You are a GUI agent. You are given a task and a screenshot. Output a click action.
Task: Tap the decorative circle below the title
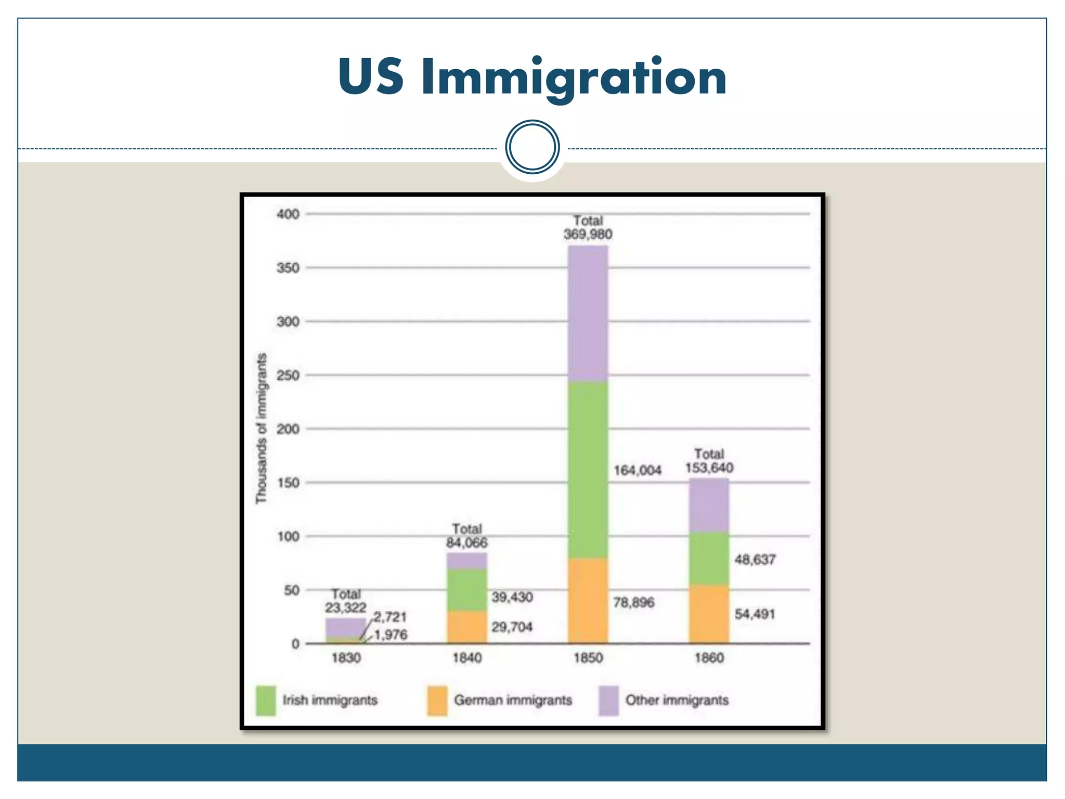(x=532, y=147)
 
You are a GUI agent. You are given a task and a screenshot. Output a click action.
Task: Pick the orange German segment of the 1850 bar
(x=588, y=601)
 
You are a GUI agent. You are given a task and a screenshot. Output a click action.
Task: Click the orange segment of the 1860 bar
(x=709, y=614)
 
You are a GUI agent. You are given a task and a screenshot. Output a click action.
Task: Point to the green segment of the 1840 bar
(x=466, y=589)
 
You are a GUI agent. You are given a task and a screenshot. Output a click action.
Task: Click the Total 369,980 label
(x=588, y=228)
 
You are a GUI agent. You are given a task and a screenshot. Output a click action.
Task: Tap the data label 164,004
(x=638, y=470)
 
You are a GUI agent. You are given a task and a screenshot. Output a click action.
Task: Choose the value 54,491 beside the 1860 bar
(x=755, y=614)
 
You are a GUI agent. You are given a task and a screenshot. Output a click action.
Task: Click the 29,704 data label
(x=512, y=627)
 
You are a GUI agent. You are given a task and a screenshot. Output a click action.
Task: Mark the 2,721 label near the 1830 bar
(x=390, y=617)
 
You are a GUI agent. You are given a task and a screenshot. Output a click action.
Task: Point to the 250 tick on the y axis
(x=288, y=376)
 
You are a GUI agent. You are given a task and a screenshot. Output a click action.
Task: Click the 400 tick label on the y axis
(x=288, y=214)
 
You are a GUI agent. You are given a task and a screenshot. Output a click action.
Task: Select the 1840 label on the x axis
(x=466, y=658)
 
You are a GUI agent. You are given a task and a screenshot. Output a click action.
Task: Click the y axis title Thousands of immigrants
(x=261, y=428)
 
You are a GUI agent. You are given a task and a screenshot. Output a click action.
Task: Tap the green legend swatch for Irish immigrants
(x=266, y=700)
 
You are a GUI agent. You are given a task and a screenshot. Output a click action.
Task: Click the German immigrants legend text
(x=513, y=700)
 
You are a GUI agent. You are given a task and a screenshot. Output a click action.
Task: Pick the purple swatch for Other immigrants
(x=608, y=700)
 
